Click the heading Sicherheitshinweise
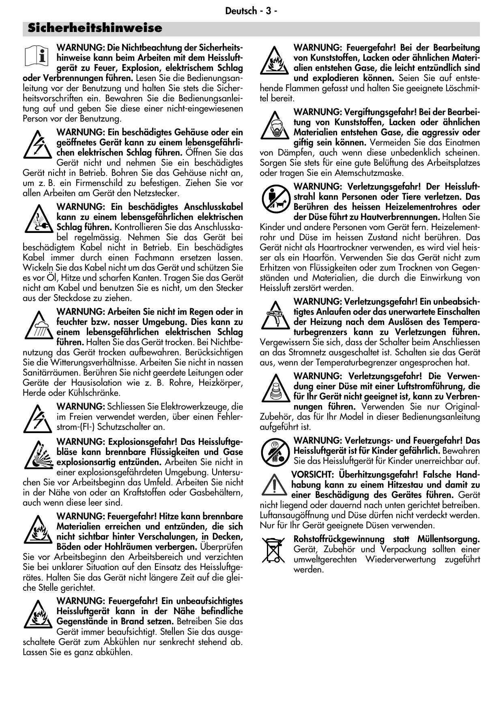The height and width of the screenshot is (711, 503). tap(95, 28)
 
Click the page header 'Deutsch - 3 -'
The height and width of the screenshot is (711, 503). tap(251, 11)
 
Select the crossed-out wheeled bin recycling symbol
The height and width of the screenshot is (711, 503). tap(273, 550)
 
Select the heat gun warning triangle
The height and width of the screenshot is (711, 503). tap(274, 315)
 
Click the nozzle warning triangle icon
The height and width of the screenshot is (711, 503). tap(274, 388)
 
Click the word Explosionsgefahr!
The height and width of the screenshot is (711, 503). tap(142, 442)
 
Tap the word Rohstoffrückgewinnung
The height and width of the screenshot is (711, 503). tap(339, 539)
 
